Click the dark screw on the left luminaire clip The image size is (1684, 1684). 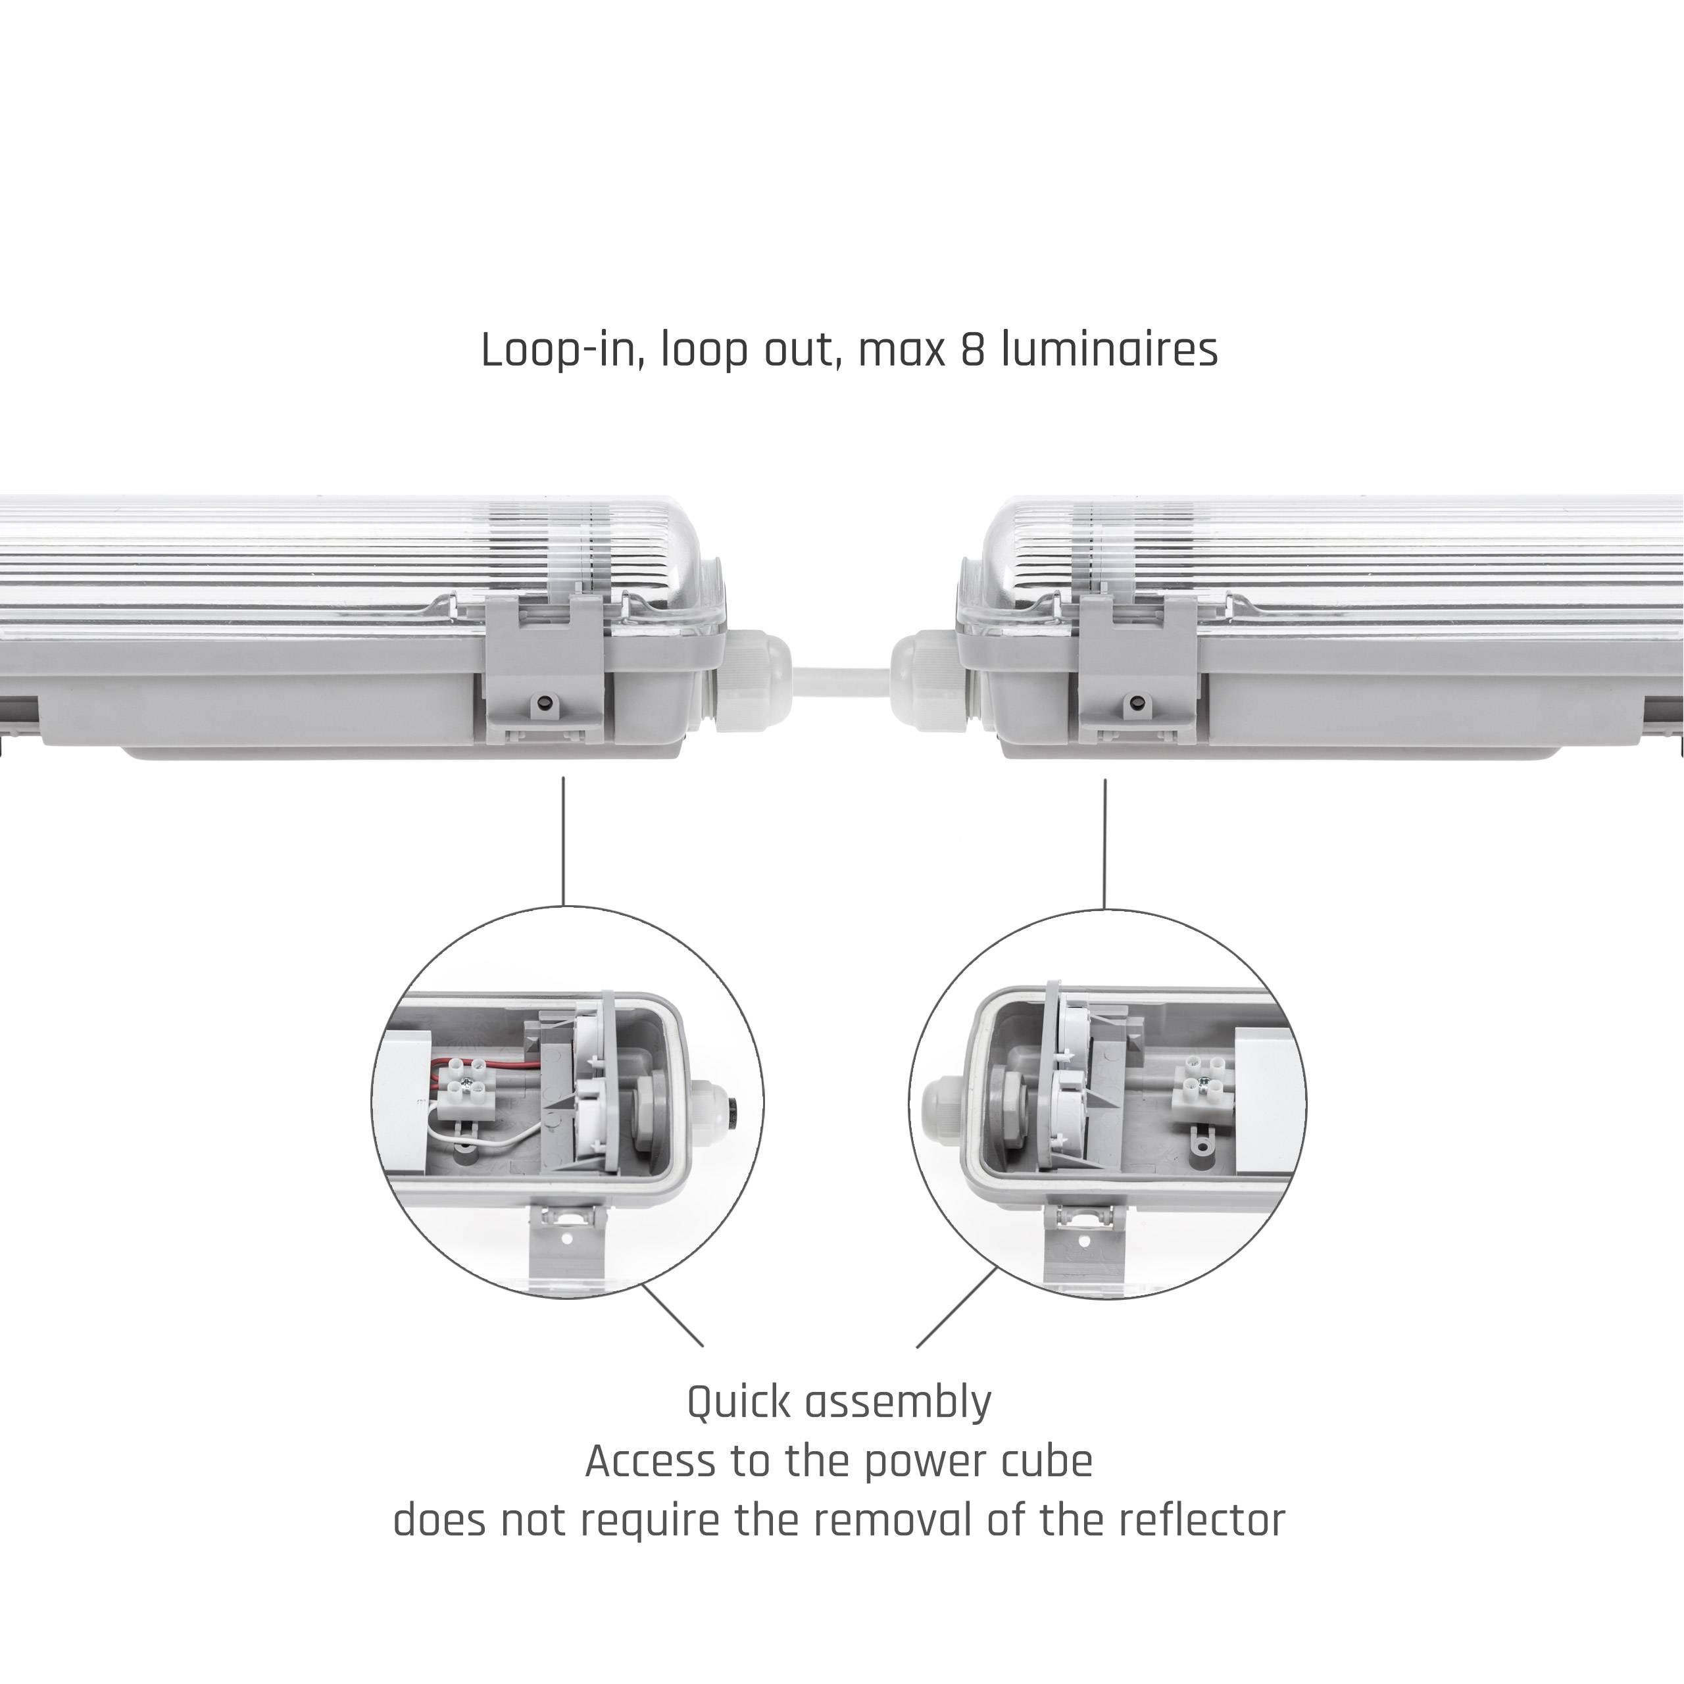(x=545, y=703)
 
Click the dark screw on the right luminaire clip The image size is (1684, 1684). (x=1135, y=703)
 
